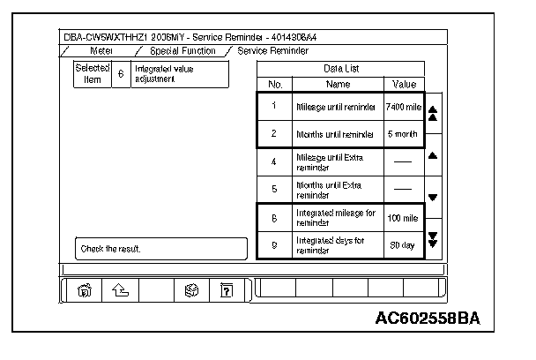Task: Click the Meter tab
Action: click(101, 51)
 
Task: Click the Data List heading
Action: click(339, 68)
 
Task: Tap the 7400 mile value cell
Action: click(403, 106)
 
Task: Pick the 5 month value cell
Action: click(403, 135)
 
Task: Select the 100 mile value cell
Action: click(403, 217)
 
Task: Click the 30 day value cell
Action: click(403, 246)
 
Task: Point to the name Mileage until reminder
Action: click(337, 106)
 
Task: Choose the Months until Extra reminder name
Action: click(337, 190)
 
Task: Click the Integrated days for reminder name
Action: click(337, 246)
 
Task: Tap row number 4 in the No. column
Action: click(274, 162)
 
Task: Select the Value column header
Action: click(403, 84)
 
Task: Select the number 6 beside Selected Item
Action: click(121, 74)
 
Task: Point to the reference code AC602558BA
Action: click(432, 318)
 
